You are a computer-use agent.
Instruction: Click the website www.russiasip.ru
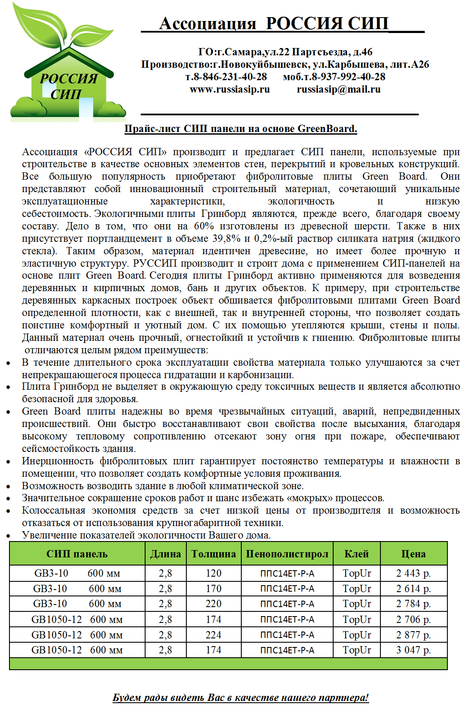[x=230, y=89]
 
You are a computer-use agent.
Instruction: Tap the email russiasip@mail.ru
[x=338, y=89]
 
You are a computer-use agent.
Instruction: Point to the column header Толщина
[x=213, y=554]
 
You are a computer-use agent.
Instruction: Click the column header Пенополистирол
[x=287, y=554]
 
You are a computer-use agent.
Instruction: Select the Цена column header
[x=413, y=554]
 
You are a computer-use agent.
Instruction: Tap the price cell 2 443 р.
[x=413, y=573]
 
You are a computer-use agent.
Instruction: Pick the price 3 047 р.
[x=413, y=650]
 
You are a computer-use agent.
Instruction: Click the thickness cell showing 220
[x=213, y=604]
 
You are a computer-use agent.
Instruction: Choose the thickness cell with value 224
[x=213, y=635]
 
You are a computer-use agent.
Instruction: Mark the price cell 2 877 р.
[x=413, y=635]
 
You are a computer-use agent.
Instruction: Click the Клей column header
[x=356, y=554]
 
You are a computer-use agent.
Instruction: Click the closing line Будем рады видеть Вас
[x=240, y=698]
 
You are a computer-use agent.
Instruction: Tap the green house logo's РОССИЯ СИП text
[x=67, y=86]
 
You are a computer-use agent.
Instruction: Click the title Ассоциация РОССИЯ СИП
[x=274, y=24]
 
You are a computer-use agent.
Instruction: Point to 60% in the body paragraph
[x=204, y=226]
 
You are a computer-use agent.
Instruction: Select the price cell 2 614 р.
[x=413, y=589]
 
